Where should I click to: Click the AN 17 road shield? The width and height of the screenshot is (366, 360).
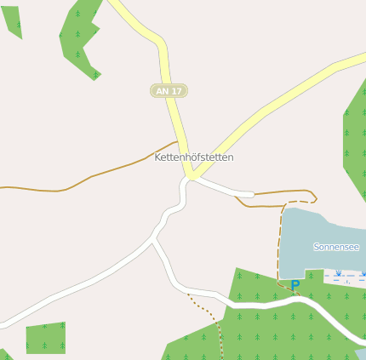pyautogui.click(x=169, y=90)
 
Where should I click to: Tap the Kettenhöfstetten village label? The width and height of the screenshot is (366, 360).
pyautogui.click(x=194, y=157)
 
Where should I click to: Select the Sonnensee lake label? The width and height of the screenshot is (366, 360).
pyautogui.click(x=336, y=247)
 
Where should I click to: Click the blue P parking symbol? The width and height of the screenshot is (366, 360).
pyautogui.click(x=295, y=286)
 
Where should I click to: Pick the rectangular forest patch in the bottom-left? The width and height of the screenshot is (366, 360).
pyautogui.click(x=46, y=338)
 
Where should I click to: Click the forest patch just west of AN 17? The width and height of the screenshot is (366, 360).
pyautogui.click(x=79, y=38)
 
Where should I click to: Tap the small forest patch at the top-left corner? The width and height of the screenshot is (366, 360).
pyautogui.click(x=12, y=19)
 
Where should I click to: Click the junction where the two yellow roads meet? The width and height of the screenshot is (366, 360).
pyautogui.click(x=193, y=177)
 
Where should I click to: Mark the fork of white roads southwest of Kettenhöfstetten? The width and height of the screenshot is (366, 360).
pyautogui.click(x=153, y=240)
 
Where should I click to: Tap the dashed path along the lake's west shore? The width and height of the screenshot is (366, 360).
pyautogui.click(x=279, y=243)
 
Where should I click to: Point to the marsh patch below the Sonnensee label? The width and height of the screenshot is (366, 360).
pyautogui.click(x=345, y=276)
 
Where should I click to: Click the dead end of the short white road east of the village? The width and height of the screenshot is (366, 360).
pyautogui.click(x=252, y=195)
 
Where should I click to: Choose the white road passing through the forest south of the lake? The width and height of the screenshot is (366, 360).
pyautogui.click(x=281, y=302)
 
